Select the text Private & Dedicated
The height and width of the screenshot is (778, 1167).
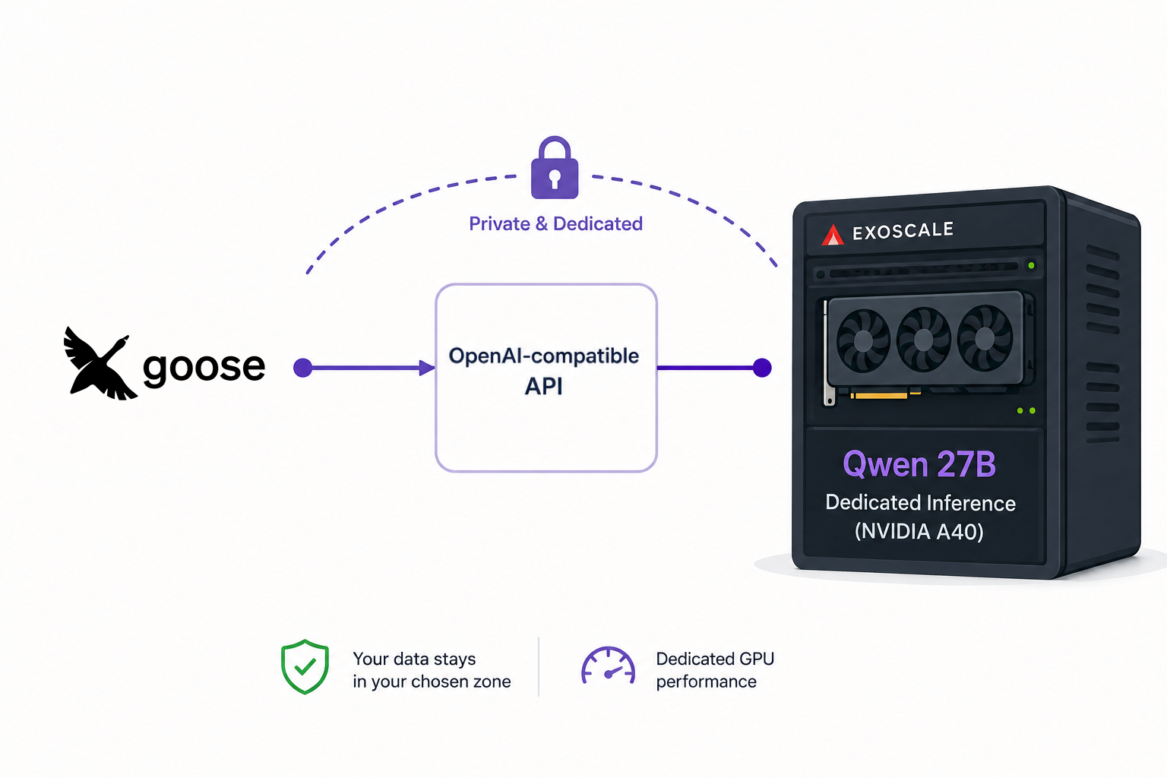point(555,223)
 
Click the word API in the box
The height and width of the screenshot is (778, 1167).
point(543,386)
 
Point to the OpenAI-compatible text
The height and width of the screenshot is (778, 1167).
point(543,356)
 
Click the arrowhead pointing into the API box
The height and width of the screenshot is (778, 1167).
point(427,368)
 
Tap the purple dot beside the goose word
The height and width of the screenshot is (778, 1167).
point(302,368)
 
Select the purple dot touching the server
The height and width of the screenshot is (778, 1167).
point(762,368)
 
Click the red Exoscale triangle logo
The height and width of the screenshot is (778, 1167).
point(833,235)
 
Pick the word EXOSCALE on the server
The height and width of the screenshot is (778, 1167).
point(903,231)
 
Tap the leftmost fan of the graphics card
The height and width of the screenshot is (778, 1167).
point(863,341)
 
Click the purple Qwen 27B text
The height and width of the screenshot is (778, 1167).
point(919,463)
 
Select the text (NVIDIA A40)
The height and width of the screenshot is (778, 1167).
point(919,532)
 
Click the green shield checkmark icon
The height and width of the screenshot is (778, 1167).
point(305,667)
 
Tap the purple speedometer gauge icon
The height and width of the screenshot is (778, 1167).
point(608,666)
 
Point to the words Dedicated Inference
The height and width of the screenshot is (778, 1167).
point(921,503)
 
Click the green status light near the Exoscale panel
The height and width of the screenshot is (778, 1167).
point(1031,266)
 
